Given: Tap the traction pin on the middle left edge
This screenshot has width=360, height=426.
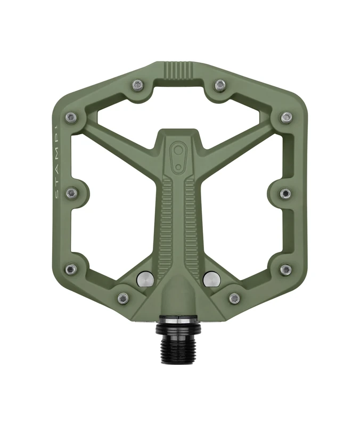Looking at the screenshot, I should pyautogui.click(x=71, y=193).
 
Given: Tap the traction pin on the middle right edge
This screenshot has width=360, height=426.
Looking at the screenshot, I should pyautogui.click(x=285, y=193).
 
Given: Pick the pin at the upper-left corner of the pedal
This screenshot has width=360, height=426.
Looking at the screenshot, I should pyautogui.click(x=70, y=117).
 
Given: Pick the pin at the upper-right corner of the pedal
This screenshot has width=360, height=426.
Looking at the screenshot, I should pyautogui.click(x=287, y=117).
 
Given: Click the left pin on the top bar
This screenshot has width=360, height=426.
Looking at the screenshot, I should pyautogui.click(x=137, y=85).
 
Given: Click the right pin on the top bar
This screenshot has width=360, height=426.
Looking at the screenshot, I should pyautogui.click(x=219, y=85).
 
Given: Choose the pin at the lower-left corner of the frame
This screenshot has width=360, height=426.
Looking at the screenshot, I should pyautogui.click(x=70, y=269).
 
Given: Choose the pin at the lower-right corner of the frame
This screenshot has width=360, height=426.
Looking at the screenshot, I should pyautogui.click(x=286, y=269).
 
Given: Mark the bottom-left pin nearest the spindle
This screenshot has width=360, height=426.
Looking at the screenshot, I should pyautogui.click(x=123, y=298).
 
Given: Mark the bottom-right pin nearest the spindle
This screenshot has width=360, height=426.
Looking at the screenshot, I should pyautogui.click(x=234, y=298).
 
